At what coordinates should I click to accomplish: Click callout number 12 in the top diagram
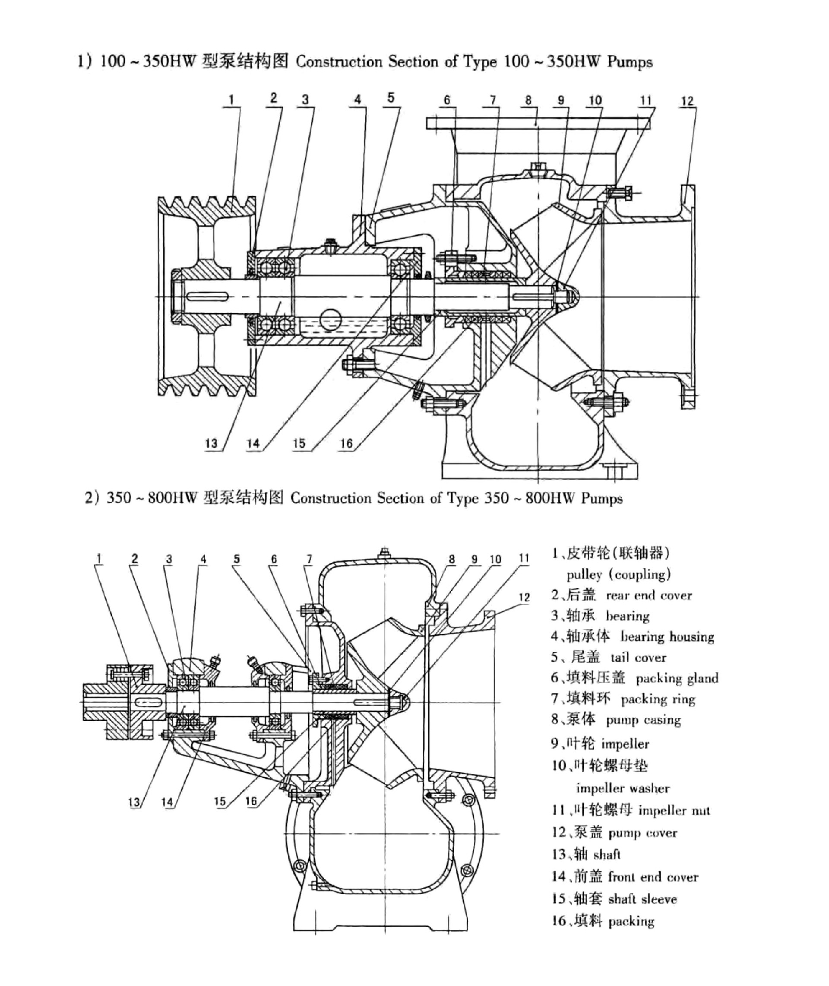(x=687, y=101)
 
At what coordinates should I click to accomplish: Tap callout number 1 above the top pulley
(x=231, y=100)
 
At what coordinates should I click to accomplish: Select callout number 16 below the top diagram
(x=346, y=443)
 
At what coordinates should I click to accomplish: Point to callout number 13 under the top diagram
(x=212, y=443)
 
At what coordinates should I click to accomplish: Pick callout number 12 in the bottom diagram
(x=524, y=597)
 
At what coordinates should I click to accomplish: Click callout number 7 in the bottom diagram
(x=309, y=559)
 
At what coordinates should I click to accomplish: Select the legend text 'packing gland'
(x=677, y=678)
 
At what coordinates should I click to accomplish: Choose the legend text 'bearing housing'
(x=668, y=637)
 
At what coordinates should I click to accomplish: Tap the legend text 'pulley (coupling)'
(x=618, y=574)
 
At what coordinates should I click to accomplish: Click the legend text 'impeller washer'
(x=623, y=788)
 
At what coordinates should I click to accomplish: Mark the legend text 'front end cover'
(x=653, y=877)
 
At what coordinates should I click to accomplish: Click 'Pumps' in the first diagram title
(x=630, y=62)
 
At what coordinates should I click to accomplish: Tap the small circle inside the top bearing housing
(x=330, y=319)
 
